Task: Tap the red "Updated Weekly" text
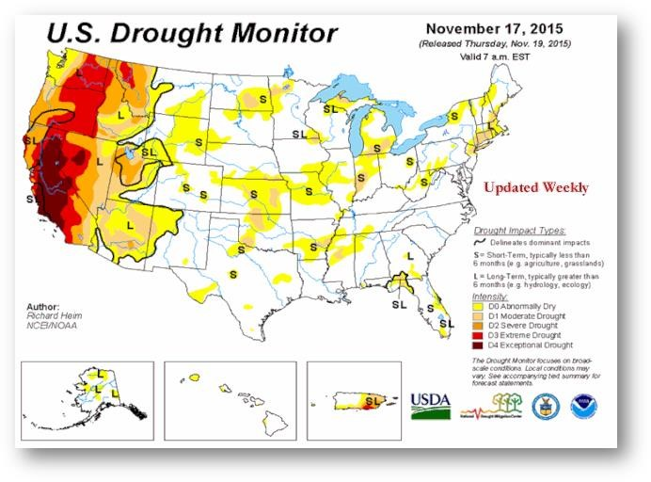(536, 187)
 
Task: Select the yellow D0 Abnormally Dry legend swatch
(478, 307)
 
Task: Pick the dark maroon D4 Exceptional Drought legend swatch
(478, 345)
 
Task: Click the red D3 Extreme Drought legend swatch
(478, 335)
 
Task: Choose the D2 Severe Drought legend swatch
(478, 326)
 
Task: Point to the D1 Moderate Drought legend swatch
(478, 316)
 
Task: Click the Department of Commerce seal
(545, 407)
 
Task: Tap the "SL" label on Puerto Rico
(371, 401)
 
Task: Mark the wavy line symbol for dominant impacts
(482, 242)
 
